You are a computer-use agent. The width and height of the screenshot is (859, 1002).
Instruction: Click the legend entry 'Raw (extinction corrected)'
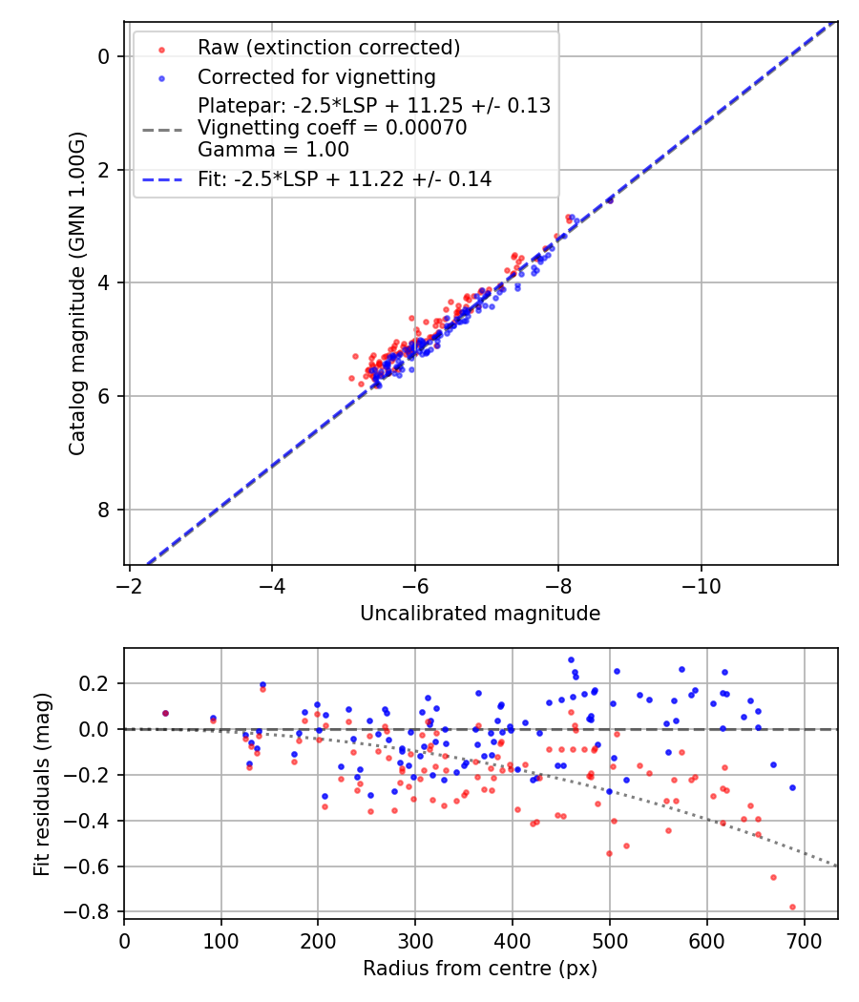coord(328,48)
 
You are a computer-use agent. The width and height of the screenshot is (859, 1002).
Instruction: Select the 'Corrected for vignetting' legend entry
coord(316,76)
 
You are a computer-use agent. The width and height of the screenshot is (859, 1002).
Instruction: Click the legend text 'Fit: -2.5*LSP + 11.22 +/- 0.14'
coord(345,178)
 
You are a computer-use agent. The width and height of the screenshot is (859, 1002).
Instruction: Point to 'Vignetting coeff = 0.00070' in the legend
coord(332,128)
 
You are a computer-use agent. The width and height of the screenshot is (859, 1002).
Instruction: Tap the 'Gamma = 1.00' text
coord(273,150)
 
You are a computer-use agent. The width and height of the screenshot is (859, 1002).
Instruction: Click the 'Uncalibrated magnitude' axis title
coord(480,614)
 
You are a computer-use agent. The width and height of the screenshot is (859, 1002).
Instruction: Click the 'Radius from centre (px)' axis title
coord(480,968)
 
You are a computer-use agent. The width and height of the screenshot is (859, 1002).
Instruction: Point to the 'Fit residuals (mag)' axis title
coord(41,783)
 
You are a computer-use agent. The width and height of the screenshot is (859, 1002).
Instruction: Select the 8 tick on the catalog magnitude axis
coord(106,510)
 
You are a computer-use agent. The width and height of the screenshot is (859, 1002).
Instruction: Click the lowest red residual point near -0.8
coord(792,907)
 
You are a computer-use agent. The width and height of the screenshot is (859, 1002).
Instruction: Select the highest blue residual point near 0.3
coord(571,659)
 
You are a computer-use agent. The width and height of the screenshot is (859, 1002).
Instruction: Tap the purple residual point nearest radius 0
coord(165,713)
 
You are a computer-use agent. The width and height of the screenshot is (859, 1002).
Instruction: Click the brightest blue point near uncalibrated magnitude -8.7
coord(609,200)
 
